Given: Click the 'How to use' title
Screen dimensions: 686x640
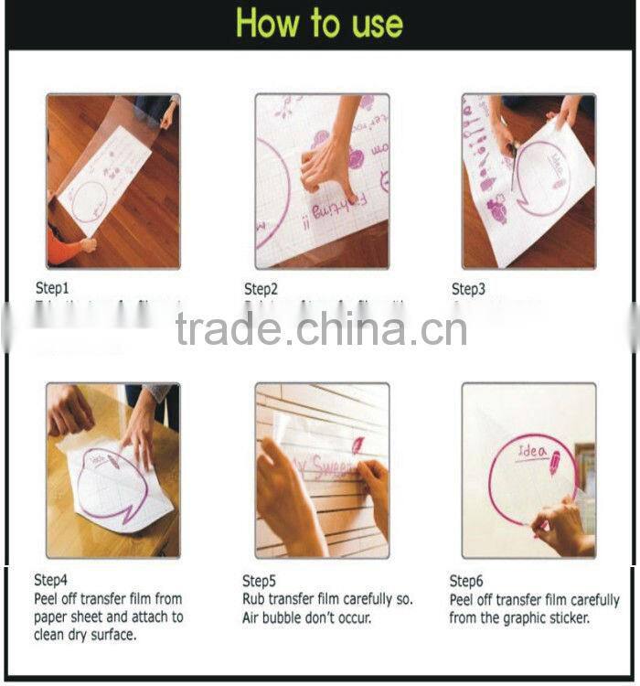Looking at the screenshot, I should tap(319, 24).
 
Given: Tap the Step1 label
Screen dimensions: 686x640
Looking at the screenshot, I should tap(52, 288).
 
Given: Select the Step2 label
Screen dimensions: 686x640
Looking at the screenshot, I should tap(261, 289).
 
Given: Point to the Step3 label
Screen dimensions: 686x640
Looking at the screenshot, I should tap(468, 289).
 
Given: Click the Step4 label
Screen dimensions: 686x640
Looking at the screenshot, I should tap(51, 580).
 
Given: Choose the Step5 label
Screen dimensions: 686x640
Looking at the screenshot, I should tap(260, 580).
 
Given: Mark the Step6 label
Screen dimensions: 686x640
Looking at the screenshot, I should tap(466, 581).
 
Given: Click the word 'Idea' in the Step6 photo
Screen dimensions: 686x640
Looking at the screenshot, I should tap(533, 451).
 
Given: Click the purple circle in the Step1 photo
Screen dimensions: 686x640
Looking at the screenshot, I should tap(90, 201).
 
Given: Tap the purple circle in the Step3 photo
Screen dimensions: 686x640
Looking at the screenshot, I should tap(539, 178).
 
